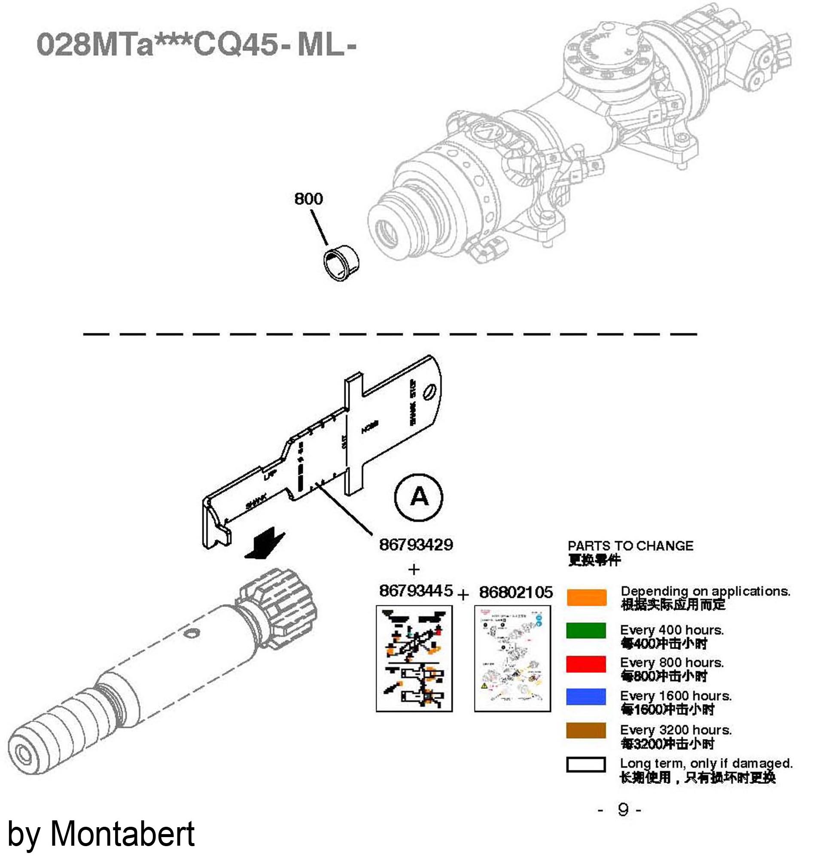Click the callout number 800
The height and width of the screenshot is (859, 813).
308,199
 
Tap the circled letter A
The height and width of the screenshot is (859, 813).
419,497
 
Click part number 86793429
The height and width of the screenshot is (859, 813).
416,544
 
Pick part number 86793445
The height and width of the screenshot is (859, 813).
416,591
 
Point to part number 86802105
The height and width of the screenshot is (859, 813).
516,592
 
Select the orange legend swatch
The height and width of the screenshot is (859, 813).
586,598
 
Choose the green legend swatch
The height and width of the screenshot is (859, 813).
586,631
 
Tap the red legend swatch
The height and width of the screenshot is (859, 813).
586,664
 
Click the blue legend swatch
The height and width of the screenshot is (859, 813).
586,697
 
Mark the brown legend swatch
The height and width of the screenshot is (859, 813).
586,730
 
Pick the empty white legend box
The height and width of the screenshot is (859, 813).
586,765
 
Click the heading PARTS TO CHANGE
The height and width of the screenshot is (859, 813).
630,545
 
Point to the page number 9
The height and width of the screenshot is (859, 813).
623,809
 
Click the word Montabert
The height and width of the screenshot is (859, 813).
123,834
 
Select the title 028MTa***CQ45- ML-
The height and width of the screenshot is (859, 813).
196,45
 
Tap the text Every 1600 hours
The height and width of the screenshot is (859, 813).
675,696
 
